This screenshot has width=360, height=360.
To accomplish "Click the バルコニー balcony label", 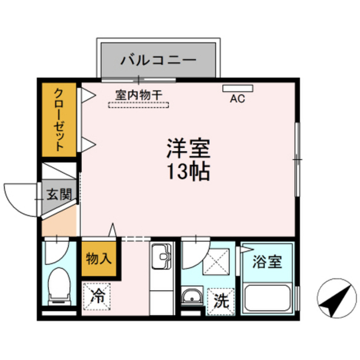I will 158,59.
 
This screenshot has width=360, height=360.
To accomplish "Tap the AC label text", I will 237,99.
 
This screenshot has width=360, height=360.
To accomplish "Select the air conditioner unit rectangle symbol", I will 238,88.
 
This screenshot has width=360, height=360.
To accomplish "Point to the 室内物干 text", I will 139,95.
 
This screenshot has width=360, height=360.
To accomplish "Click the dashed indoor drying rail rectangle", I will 139,104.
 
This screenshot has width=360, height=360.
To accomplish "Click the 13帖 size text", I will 187,171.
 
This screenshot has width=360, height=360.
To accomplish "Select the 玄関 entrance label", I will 58,196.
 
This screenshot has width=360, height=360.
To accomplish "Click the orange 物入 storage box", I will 100,259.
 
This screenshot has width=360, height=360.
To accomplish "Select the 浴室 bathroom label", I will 267,262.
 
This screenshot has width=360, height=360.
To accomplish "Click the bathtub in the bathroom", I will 267,297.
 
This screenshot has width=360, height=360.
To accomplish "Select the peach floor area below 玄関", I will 58,222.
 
